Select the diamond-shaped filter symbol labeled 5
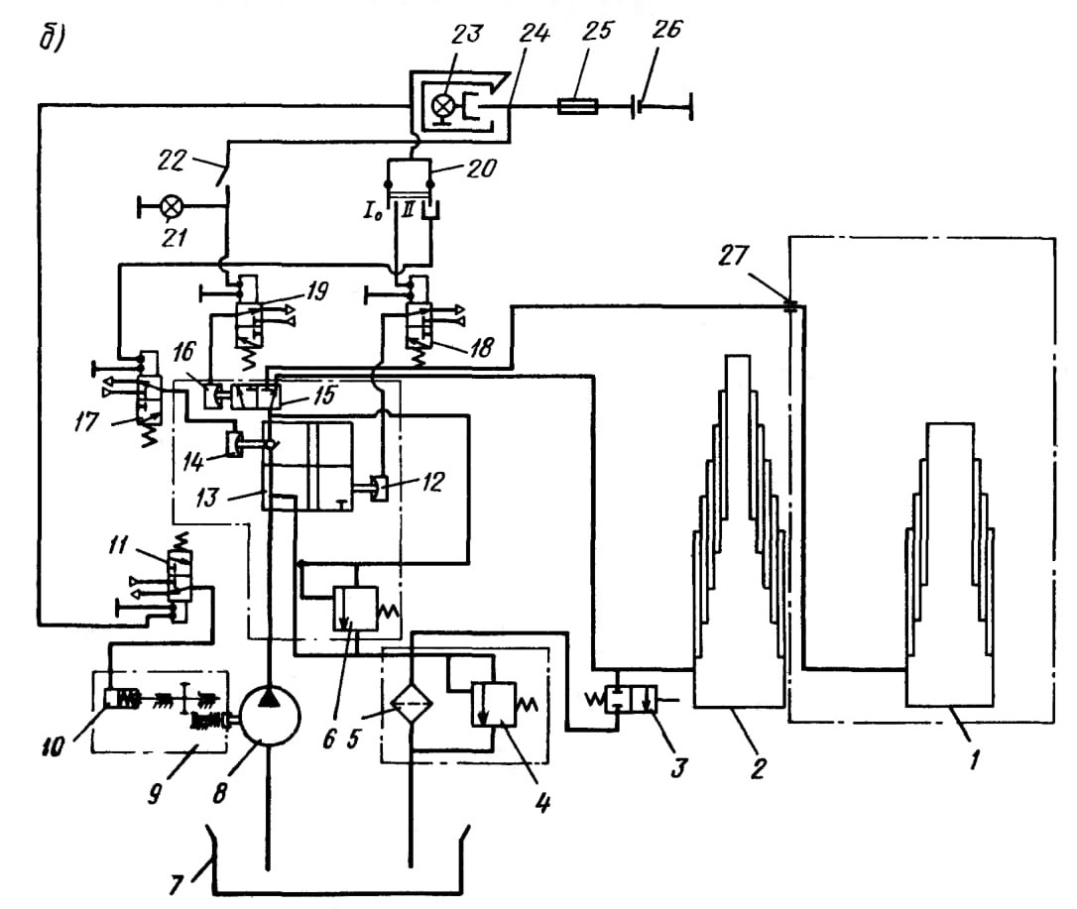click(411, 703)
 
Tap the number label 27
click(733, 256)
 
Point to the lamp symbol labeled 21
click(170, 206)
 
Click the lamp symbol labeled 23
click(443, 106)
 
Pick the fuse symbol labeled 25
click(577, 106)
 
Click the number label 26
click(667, 30)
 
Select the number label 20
click(481, 168)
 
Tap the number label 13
click(205, 497)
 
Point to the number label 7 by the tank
click(177, 884)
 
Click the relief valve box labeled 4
click(493, 705)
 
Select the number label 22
click(171, 161)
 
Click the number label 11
click(117, 545)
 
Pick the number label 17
click(86, 421)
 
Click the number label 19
click(316, 291)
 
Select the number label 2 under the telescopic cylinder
click(758, 767)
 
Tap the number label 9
click(156, 794)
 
